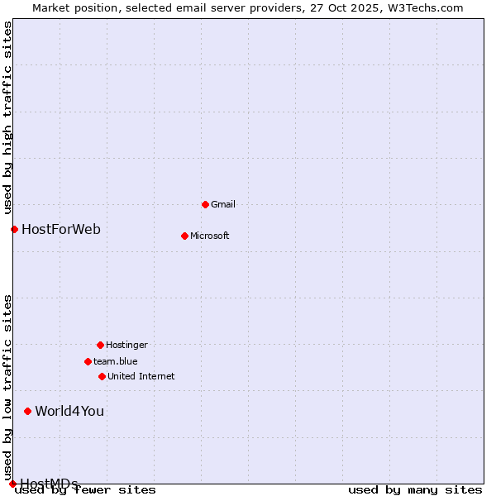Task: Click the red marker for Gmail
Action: [x=205, y=204]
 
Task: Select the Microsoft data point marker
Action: [x=184, y=236]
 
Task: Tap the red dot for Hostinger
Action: [x=100, y=345]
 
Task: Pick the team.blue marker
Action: [x=88, y=361]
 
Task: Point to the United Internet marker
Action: [x=102, y=376]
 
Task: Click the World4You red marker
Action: [x=27, y=411]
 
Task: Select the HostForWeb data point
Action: [x=14, y=229]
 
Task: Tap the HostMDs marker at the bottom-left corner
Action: [x=12, y=484]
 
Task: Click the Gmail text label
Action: [x=223, y=204]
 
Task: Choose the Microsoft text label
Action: [x=210, y=236]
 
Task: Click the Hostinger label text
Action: [x=126, y=345]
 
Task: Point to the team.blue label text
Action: [x=116, y=361]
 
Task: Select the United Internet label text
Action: [x=141, y=376]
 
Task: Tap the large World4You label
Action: [x=69, y=411]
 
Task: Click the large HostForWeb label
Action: [x=61, y=229]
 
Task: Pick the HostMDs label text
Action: [x=49, y=484]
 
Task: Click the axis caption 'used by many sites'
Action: [x=415, y=490]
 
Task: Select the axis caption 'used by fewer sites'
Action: [x=86, y=490]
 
